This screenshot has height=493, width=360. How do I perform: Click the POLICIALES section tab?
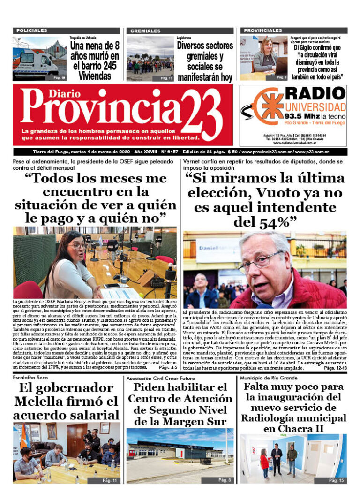pyautogui.click(x=32, y=30)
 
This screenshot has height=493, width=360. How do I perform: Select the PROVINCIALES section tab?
pyautogui.click(x=263, y=30)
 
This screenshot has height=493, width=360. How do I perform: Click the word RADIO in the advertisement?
pyautogui.click(x=315, y=93)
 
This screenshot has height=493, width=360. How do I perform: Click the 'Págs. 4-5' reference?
pyautogui.click(x=168, y=367)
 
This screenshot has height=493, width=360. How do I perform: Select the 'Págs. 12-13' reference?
pyautogui.click(x=335, y=368)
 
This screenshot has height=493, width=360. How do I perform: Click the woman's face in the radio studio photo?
pyautogui.click(x=77, y=245)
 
